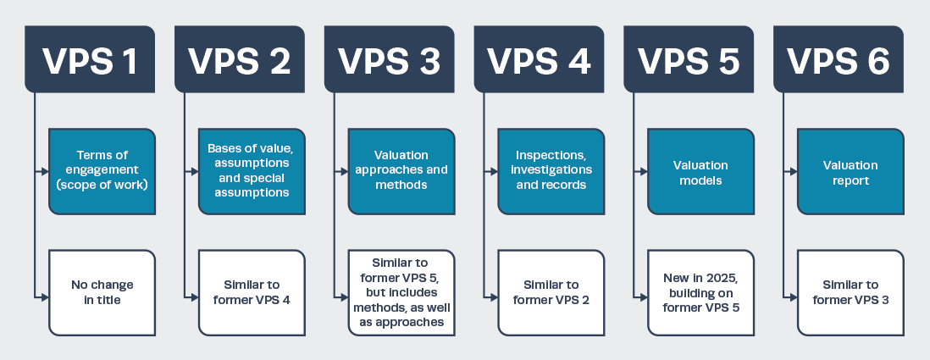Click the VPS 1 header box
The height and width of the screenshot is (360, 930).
coord(90,58)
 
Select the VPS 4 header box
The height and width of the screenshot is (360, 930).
coord(539,58)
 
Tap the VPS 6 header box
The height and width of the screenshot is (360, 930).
coord(838,58)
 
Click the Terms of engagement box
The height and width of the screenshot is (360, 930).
coord(102,171)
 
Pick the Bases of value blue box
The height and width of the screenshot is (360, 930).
coord(252,171)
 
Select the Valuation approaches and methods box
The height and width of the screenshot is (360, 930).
coord(401,171)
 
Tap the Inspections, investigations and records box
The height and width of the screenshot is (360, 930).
coord(551,171)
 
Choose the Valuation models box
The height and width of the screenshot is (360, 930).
coord(701,171)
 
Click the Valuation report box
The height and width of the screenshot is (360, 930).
coord(850,171)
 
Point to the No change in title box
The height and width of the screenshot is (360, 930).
coord(102,293)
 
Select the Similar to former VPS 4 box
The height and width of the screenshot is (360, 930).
coord(252,293)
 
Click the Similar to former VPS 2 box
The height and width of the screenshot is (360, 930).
coord(551,293)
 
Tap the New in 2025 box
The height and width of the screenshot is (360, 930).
coord(701,293)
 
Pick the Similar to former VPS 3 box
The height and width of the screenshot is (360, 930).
coord(850,293)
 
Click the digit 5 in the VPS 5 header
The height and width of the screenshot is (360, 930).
coord(728,60)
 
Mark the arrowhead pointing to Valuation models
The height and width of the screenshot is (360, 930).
coord(644,171)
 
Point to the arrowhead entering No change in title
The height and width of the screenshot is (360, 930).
coord(45,297)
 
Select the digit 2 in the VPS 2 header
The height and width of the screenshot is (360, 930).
coord(278,60)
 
